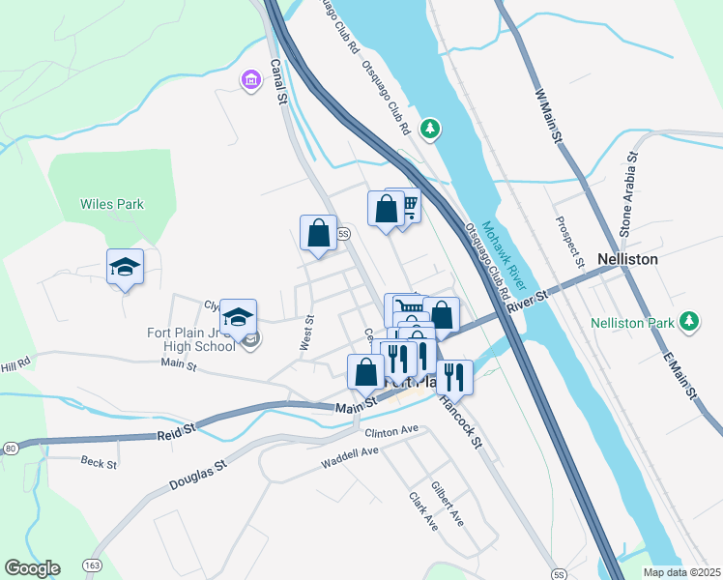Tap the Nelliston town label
[x=627, y=260]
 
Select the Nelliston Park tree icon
[x=688, y=320]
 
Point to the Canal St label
[x=281, y=86]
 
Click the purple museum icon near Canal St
[x=251, y=79]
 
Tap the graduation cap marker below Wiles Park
[x=125, y=266]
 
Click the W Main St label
[x=548, y=114]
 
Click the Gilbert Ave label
[x=448, y=504]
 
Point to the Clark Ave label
[x=423, y=511]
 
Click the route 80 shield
[x=10, y=449]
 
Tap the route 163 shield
[x=93, y=564]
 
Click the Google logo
[x=32, y=568]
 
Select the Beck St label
[x=99, y=463]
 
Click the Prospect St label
[x=569, y=241]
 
